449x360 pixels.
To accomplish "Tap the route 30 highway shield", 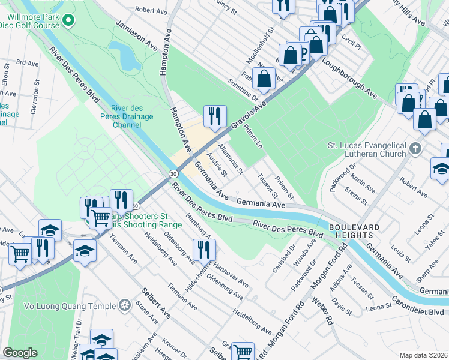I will pyautogui.click(x=173, y=173).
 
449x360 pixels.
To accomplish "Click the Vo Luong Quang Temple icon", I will pyautogui.click(x=125, y=305).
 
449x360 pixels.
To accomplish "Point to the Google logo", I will pyautogui.click(x=20, y=353).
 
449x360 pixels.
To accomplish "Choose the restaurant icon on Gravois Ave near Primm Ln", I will pyautogui.click(x=215, y=116).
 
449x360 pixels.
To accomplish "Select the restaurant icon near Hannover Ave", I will pyautogui.click(x=204, y=249).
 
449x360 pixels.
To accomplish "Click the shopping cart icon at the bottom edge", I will pyautogui.click(x=243, y=352).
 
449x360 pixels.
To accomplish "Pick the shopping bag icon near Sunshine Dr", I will pyautogui.click(x=264, y=77).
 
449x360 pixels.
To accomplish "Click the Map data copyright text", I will pyautogui.click(x=423, y=355).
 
